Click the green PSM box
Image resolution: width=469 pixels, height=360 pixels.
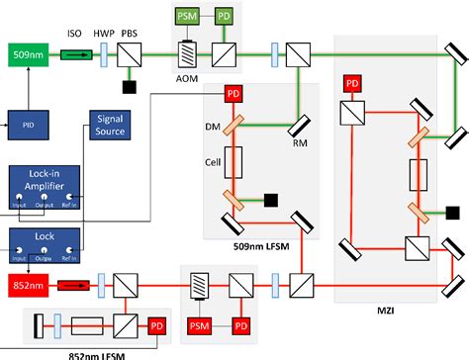(186, 17)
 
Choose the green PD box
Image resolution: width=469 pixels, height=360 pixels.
(225, 17)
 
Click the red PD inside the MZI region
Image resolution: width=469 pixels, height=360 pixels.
(350, 84)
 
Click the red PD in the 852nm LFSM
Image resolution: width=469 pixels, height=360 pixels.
(157, 325)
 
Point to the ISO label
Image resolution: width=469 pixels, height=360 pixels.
(74, 34)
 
